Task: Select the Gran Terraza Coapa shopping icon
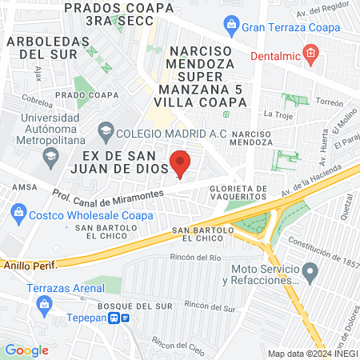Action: coord(231,27)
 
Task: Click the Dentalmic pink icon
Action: coord(312,56)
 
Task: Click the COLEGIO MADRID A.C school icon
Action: coord(106,130)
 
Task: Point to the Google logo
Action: coord(26,350)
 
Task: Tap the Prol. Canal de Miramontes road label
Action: coord(109,194)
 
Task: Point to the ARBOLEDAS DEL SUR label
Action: coord(42,47)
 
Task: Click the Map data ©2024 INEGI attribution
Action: coord(311,353)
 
